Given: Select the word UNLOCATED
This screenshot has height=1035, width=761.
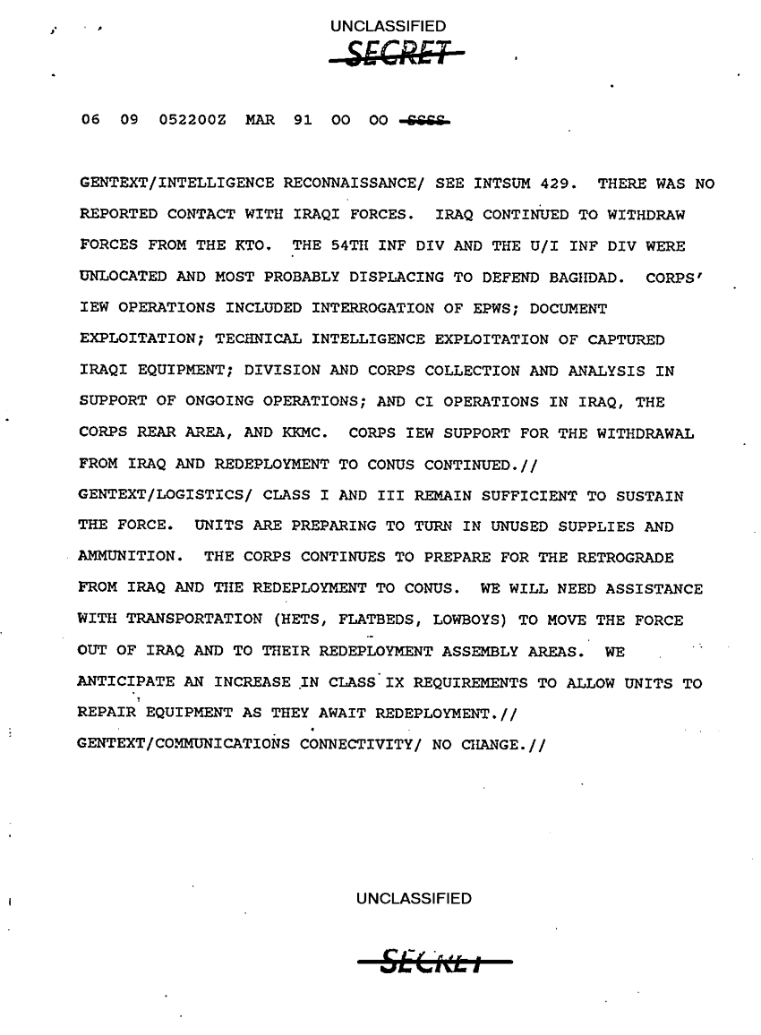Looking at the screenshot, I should [x=122, y=278].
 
